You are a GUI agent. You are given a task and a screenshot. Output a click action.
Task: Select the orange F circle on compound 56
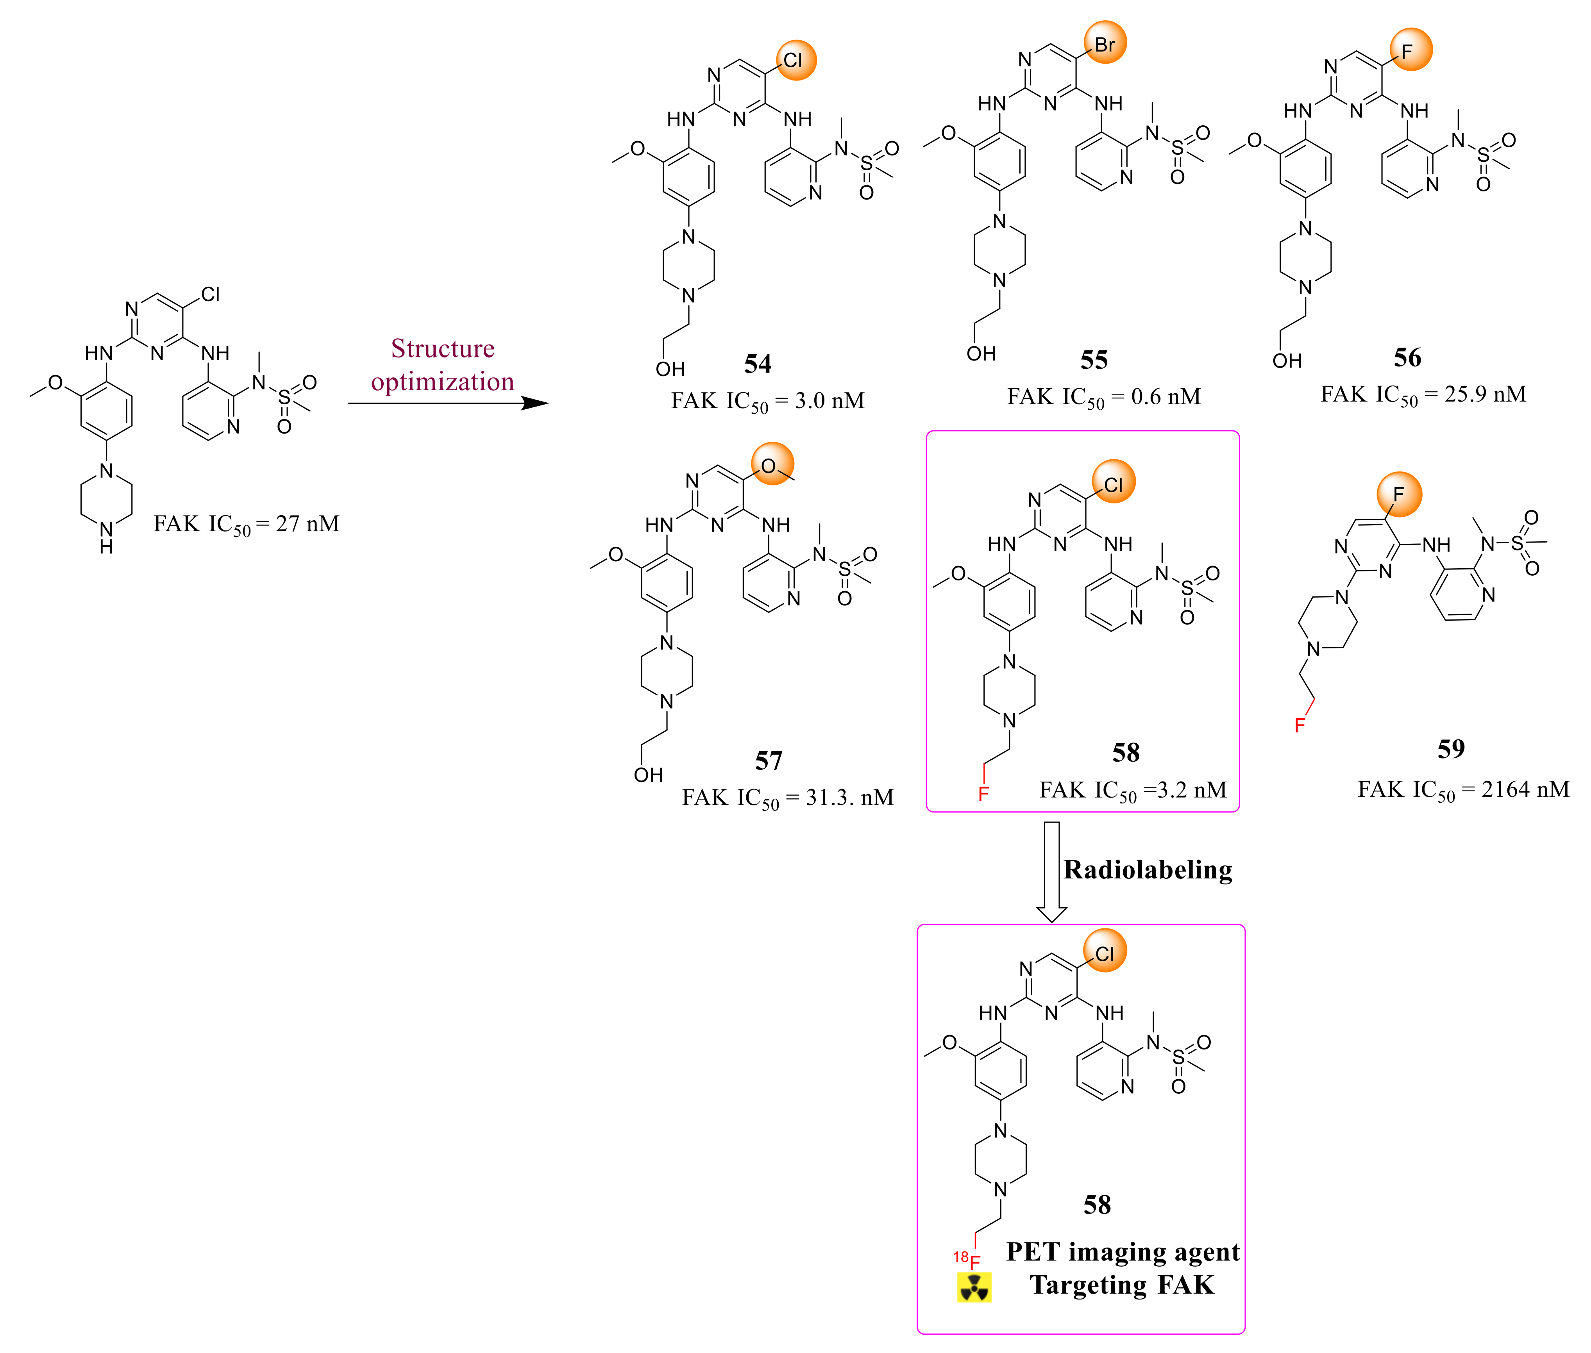coord(1410,50)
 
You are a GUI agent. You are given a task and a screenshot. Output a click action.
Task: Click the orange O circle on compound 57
coord(772,464)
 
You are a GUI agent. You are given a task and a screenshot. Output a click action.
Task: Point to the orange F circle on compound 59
coord(1398,494)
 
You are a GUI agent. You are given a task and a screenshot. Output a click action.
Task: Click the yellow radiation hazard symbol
coord(973,1287)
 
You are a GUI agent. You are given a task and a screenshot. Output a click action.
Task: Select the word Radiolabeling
coord(1148,870)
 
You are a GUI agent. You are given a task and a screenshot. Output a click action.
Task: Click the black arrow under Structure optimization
coord(449,403)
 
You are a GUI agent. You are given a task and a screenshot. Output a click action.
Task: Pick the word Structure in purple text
coord(443,348)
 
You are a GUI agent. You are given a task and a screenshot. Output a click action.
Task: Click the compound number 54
coord(757,364)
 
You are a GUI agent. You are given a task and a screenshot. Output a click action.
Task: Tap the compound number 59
coord(1451,749)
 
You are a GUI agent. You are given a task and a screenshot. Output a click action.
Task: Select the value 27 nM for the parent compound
coord(307,524)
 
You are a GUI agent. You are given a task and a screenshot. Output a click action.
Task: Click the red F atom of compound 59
coord(1300,725)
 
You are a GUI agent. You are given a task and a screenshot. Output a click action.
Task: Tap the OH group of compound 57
coord(648,775)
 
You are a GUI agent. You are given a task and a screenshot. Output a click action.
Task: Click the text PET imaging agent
coord(1122,1252)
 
